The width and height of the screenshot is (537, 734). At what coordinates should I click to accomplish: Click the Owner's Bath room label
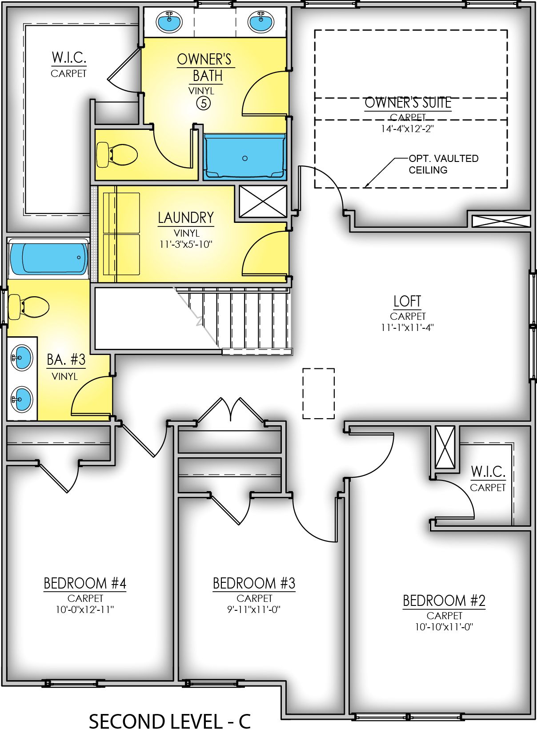204,67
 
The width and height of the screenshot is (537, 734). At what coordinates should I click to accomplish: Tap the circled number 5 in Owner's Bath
203,103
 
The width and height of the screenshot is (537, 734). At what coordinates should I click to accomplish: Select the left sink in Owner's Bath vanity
169,22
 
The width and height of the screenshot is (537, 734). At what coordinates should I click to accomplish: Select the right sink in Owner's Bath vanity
261,22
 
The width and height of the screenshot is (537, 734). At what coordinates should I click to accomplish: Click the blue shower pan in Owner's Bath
244,157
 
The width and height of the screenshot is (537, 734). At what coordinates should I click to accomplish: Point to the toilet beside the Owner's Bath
116,155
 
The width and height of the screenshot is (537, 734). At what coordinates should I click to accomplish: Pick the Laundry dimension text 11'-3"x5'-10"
186,244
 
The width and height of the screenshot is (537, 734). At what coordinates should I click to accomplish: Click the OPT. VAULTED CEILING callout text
443,164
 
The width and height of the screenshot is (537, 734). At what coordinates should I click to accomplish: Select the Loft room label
407,301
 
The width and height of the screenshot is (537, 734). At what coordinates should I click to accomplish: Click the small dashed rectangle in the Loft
318,393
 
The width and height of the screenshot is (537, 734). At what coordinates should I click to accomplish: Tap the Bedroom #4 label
85,583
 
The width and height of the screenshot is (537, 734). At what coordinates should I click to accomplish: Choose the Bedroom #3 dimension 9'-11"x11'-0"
254,609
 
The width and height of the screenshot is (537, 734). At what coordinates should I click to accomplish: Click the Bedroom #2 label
444,601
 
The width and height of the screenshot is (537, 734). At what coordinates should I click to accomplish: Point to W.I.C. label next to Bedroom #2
488,472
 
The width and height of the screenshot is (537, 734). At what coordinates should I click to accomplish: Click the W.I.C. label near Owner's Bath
69,58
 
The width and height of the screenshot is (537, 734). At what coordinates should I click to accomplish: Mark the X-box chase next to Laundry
263,202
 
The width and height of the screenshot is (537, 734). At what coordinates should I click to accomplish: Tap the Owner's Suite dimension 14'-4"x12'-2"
407,129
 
